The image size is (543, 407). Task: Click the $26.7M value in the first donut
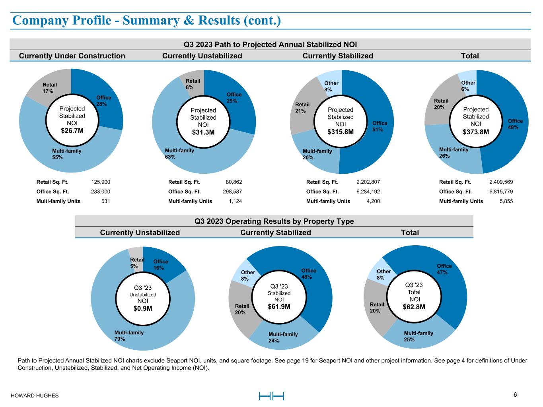[x=72, y=130]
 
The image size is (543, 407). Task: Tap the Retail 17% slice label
[x=50, y=88]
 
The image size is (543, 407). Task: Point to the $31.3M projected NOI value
[x=203, y=132]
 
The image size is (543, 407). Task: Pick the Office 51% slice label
[x=380, y=126]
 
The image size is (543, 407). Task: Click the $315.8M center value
[x=340, y=132]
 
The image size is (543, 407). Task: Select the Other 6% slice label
[x=468, y=86]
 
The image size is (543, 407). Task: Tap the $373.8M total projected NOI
[x=476, y=132]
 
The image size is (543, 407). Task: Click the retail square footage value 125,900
[x=101, y=182]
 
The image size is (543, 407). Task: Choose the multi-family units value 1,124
[x=235, y=201]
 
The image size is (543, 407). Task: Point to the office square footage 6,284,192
[x=368, y=192]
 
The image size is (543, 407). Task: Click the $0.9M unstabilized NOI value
[x=143, y=308]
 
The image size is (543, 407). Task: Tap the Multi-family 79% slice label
[x=129, y=335]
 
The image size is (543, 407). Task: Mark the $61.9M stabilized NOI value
[x=279, y=306]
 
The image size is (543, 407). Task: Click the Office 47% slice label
[x=444, y=269]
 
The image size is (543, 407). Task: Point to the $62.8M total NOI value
[x=414, y=306]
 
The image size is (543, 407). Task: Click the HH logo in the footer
[x=271, y=396]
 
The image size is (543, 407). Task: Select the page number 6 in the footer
[x=515, y=395]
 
